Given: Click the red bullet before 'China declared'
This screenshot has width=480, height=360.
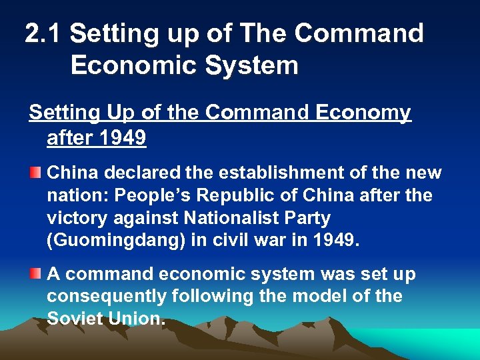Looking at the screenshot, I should [x=35, y=173].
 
